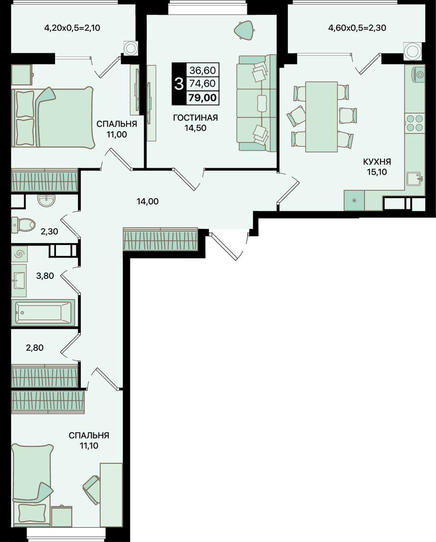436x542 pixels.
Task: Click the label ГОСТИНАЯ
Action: point(196,118)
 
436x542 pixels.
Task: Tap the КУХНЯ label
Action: point(377,161)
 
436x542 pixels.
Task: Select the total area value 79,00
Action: point(202,98)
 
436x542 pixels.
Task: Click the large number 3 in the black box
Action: point(179,83)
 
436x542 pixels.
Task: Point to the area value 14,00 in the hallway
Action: point(148,201)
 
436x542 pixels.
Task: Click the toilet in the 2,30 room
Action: point(23,224)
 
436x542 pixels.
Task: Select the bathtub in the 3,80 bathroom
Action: point(43,312)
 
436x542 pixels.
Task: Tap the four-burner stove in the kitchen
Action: point(414,123)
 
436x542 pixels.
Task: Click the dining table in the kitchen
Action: point(321,117)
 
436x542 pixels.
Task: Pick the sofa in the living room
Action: point(257,103)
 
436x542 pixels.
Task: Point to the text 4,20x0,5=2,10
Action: point(73,28)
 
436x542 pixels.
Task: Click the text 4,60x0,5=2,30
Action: point(357,28)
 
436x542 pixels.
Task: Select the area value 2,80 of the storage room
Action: point(34,348)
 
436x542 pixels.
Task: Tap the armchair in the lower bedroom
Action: point(92,490)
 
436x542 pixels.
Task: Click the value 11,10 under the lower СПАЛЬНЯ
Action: point(89,446)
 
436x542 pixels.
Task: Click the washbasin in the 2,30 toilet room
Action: point(46,200)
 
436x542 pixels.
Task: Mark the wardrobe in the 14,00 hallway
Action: point(161,238)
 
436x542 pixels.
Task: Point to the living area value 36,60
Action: point(202,70)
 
